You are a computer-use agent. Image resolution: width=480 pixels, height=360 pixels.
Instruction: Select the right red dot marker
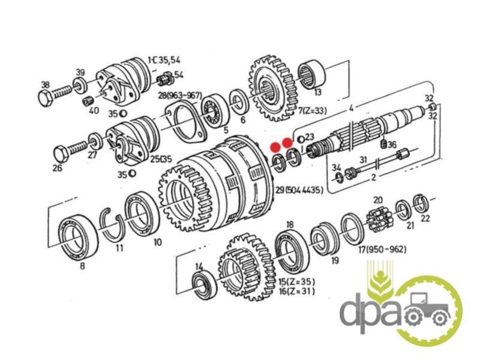pos(288,143)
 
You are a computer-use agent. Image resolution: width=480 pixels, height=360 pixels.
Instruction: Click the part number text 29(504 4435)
pos(299,190)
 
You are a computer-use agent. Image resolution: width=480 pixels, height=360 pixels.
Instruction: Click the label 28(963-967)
pos(180,95)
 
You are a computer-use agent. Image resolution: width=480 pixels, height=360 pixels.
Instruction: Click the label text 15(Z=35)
pos(296,281)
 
